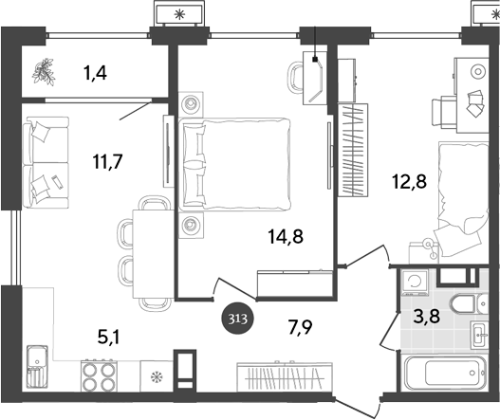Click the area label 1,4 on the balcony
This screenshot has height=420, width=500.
[95, 74]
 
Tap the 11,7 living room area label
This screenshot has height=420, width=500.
[107, 161]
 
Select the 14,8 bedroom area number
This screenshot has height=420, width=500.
[286, 237]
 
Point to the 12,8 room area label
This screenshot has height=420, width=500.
[410, 182]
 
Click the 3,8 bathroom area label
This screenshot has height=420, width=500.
[426, 317]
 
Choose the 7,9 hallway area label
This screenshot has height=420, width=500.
[300, 328]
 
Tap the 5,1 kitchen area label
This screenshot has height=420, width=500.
[109, 338]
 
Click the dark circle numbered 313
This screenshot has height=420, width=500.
[238, 319]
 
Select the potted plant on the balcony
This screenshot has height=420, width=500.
[44, 72]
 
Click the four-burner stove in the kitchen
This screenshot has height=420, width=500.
[100, 375]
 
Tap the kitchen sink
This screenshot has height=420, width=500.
[37, 367]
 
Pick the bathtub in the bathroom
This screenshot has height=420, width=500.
[446, 373]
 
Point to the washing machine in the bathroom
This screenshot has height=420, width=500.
[416, 282]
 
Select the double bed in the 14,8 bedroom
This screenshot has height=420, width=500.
[235, 164]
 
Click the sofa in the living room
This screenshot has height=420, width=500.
[46, 162]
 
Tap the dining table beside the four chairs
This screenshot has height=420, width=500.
[153, 254]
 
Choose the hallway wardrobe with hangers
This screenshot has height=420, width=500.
[285, 376]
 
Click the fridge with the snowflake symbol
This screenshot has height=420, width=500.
[157, 376]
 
